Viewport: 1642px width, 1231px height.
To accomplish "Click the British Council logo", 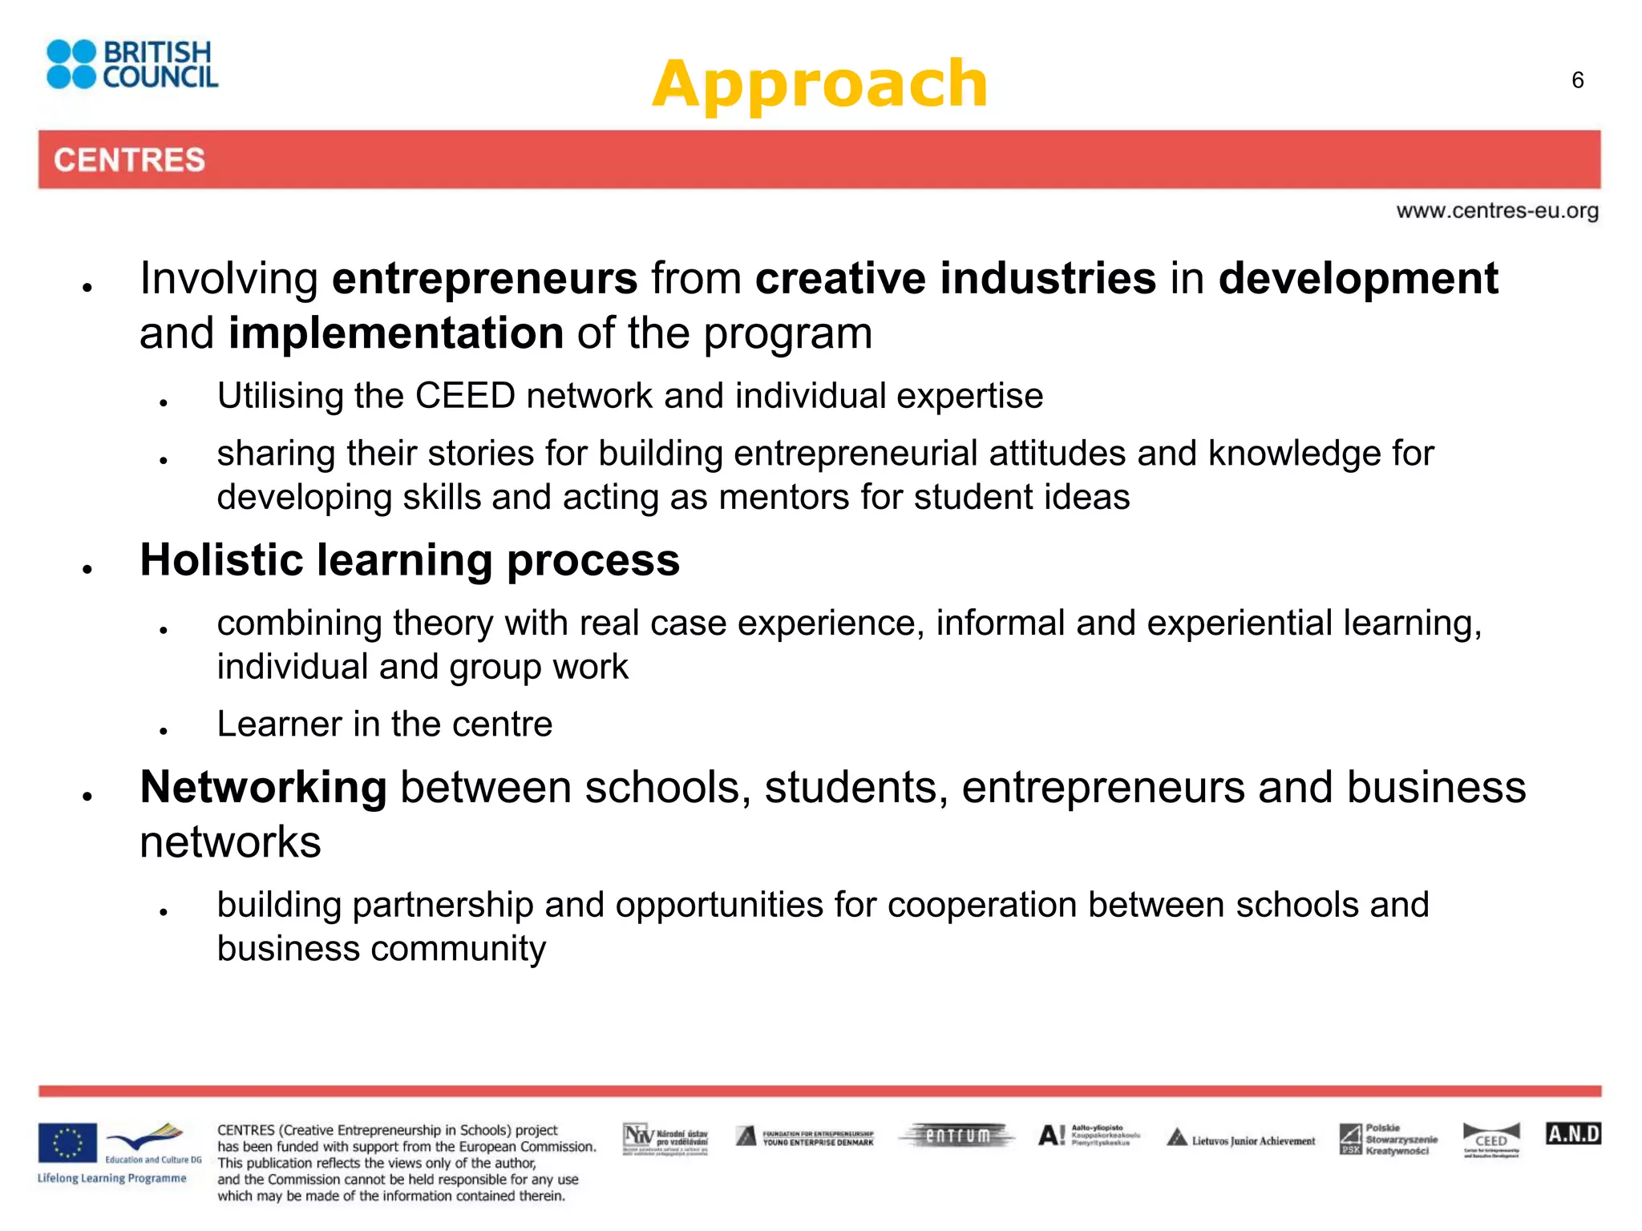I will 132,64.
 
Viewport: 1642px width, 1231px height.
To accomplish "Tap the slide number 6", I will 1577,80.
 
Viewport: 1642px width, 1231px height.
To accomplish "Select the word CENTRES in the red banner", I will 129,159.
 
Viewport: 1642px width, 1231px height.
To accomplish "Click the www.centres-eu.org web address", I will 1497,211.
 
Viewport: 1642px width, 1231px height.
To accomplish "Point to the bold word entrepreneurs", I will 484,278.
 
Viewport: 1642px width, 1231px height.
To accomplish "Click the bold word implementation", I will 396,333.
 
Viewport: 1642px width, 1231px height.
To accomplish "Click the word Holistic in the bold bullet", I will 221,559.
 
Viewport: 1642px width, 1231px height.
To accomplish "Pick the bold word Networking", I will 263,787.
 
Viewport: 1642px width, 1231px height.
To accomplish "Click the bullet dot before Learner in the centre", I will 163,731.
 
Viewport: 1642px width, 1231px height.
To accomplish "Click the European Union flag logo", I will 67,1142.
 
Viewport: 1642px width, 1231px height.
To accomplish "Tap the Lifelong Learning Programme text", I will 111,1178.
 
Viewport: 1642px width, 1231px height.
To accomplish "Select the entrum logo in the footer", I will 957,1136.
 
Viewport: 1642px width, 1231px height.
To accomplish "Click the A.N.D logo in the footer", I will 1572,1133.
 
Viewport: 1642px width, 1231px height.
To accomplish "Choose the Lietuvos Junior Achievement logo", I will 1240,1139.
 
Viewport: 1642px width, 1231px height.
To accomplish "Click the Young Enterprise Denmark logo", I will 804,1137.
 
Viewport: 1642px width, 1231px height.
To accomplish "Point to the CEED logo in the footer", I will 1490,1140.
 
